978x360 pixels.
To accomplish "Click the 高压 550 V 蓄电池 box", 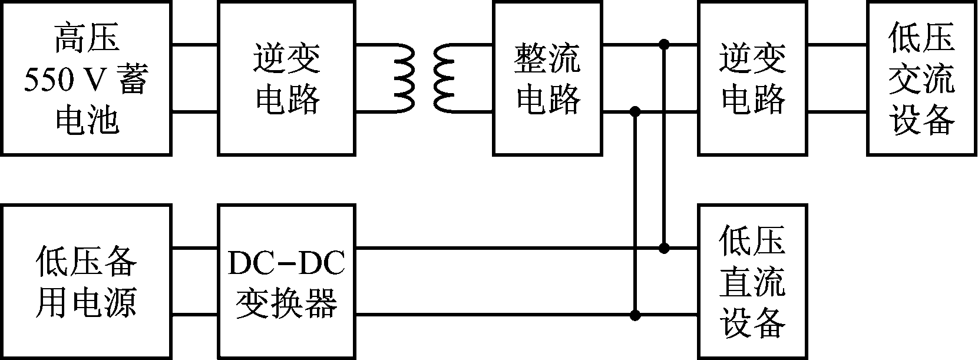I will tap(87, 78).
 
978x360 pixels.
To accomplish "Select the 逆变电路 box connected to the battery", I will tap(286, 78).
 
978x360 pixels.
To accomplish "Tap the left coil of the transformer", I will tap(400, 78).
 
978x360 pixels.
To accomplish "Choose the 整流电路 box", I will tap(548, 78).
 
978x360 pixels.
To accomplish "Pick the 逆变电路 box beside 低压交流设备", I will tap(752, 78).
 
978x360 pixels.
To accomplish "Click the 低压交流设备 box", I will tap(921, 78).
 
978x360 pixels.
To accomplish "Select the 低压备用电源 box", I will tap(87, 281).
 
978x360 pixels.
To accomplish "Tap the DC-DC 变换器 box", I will tap(286, 281).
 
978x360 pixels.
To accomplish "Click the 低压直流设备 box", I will tap(752, 281).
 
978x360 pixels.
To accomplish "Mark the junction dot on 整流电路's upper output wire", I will tap(664, 44).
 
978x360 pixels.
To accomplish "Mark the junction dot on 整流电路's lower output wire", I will tap(635, 111).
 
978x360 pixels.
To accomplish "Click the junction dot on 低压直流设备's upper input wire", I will tap(664, 248).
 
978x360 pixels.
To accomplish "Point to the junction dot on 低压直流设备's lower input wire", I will tap(635, 315).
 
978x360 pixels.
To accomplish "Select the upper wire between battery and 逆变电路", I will tap(195, 44).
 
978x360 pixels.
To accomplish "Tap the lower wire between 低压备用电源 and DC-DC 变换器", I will tap(195, 315).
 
